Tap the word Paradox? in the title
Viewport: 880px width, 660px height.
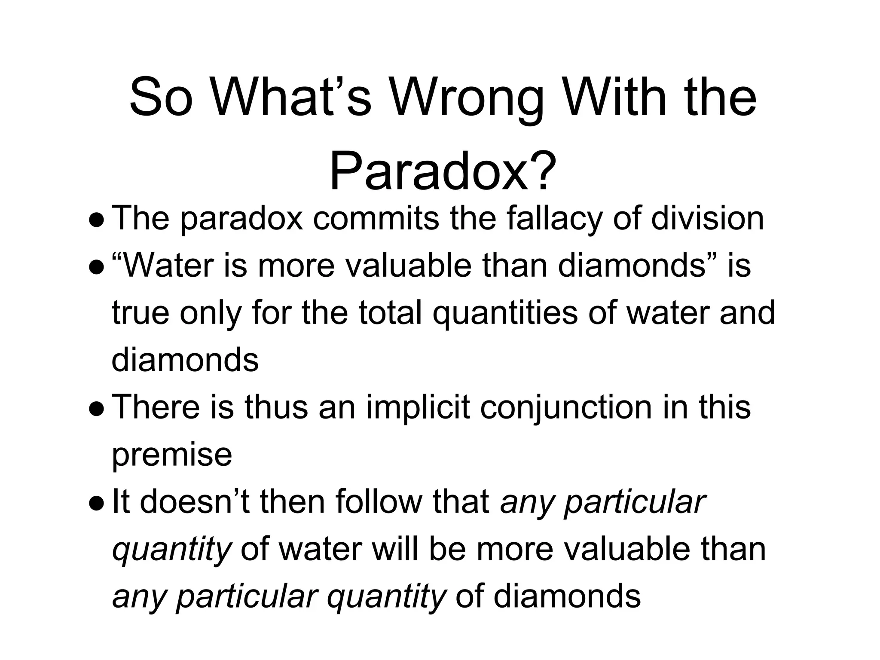click(443, 171)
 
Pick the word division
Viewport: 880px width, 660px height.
click(707, 218)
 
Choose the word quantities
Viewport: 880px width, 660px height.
click(505, 313)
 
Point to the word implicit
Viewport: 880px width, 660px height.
click(418, 407)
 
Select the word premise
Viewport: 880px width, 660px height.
click(171, 455)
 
